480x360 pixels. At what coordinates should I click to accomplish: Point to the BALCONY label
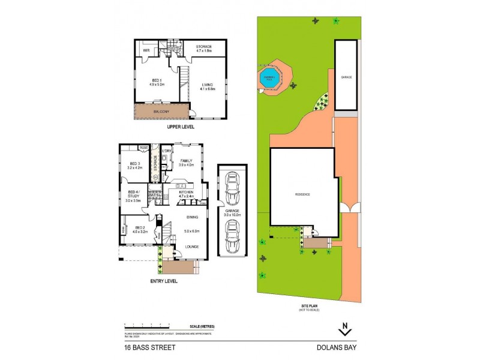[x=160, y=112]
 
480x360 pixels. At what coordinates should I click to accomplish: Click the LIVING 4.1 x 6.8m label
[x=207, y=86]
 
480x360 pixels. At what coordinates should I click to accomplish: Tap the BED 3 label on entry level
[x=134, y=166]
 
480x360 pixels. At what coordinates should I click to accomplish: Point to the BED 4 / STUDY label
[x=134, y=196]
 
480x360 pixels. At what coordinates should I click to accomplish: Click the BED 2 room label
[x=139, y=230]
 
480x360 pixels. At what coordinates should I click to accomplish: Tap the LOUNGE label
[x=192, y=247]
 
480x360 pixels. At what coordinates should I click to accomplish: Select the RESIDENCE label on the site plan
[x=301, y=194]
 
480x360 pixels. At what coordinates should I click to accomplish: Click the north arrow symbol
[x=344, y=330]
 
